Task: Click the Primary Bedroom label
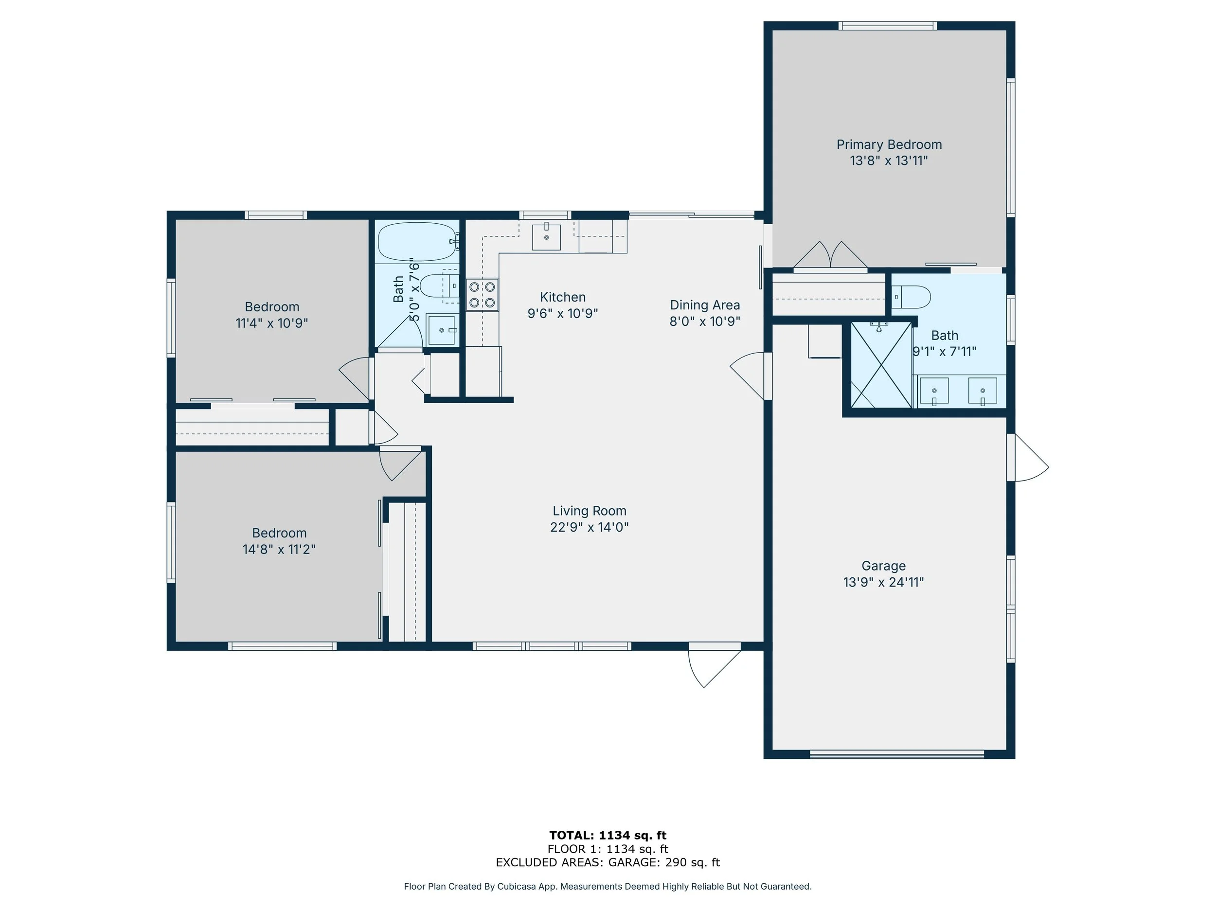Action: pos(889,144)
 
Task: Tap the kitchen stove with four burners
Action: pos(482,295)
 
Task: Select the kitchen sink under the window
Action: pos(546,237)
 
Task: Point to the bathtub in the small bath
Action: pos(417,242)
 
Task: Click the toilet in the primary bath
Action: pos(912,297)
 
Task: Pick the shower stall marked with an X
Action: pos(881,365)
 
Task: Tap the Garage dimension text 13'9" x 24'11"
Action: pos(883,582)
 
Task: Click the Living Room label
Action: pos(590,511)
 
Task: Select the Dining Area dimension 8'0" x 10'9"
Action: pos(704,321)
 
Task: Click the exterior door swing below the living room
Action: pos(713,666)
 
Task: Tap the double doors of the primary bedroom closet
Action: pos(830,256)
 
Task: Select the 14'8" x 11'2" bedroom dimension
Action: pos(279,549)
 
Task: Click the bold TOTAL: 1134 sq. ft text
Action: pos(608,836)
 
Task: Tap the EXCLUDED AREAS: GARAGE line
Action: pos(608,862)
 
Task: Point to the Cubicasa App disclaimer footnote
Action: pos(608,886)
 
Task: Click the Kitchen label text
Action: pos(562,297)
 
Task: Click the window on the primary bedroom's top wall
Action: pos(887,26)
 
